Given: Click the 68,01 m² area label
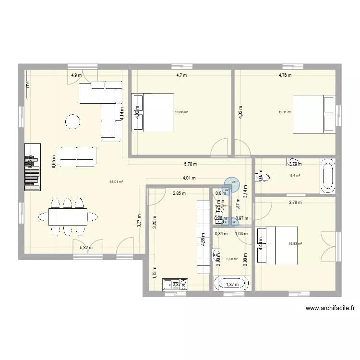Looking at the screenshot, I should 116,182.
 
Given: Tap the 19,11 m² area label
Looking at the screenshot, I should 285,112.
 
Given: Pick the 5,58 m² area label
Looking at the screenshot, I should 231,259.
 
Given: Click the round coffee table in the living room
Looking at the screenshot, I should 73,121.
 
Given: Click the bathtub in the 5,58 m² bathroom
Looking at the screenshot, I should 231,283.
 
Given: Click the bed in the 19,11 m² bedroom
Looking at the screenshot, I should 314,114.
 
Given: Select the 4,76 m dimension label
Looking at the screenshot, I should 285,75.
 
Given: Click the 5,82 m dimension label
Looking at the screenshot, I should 86,248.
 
